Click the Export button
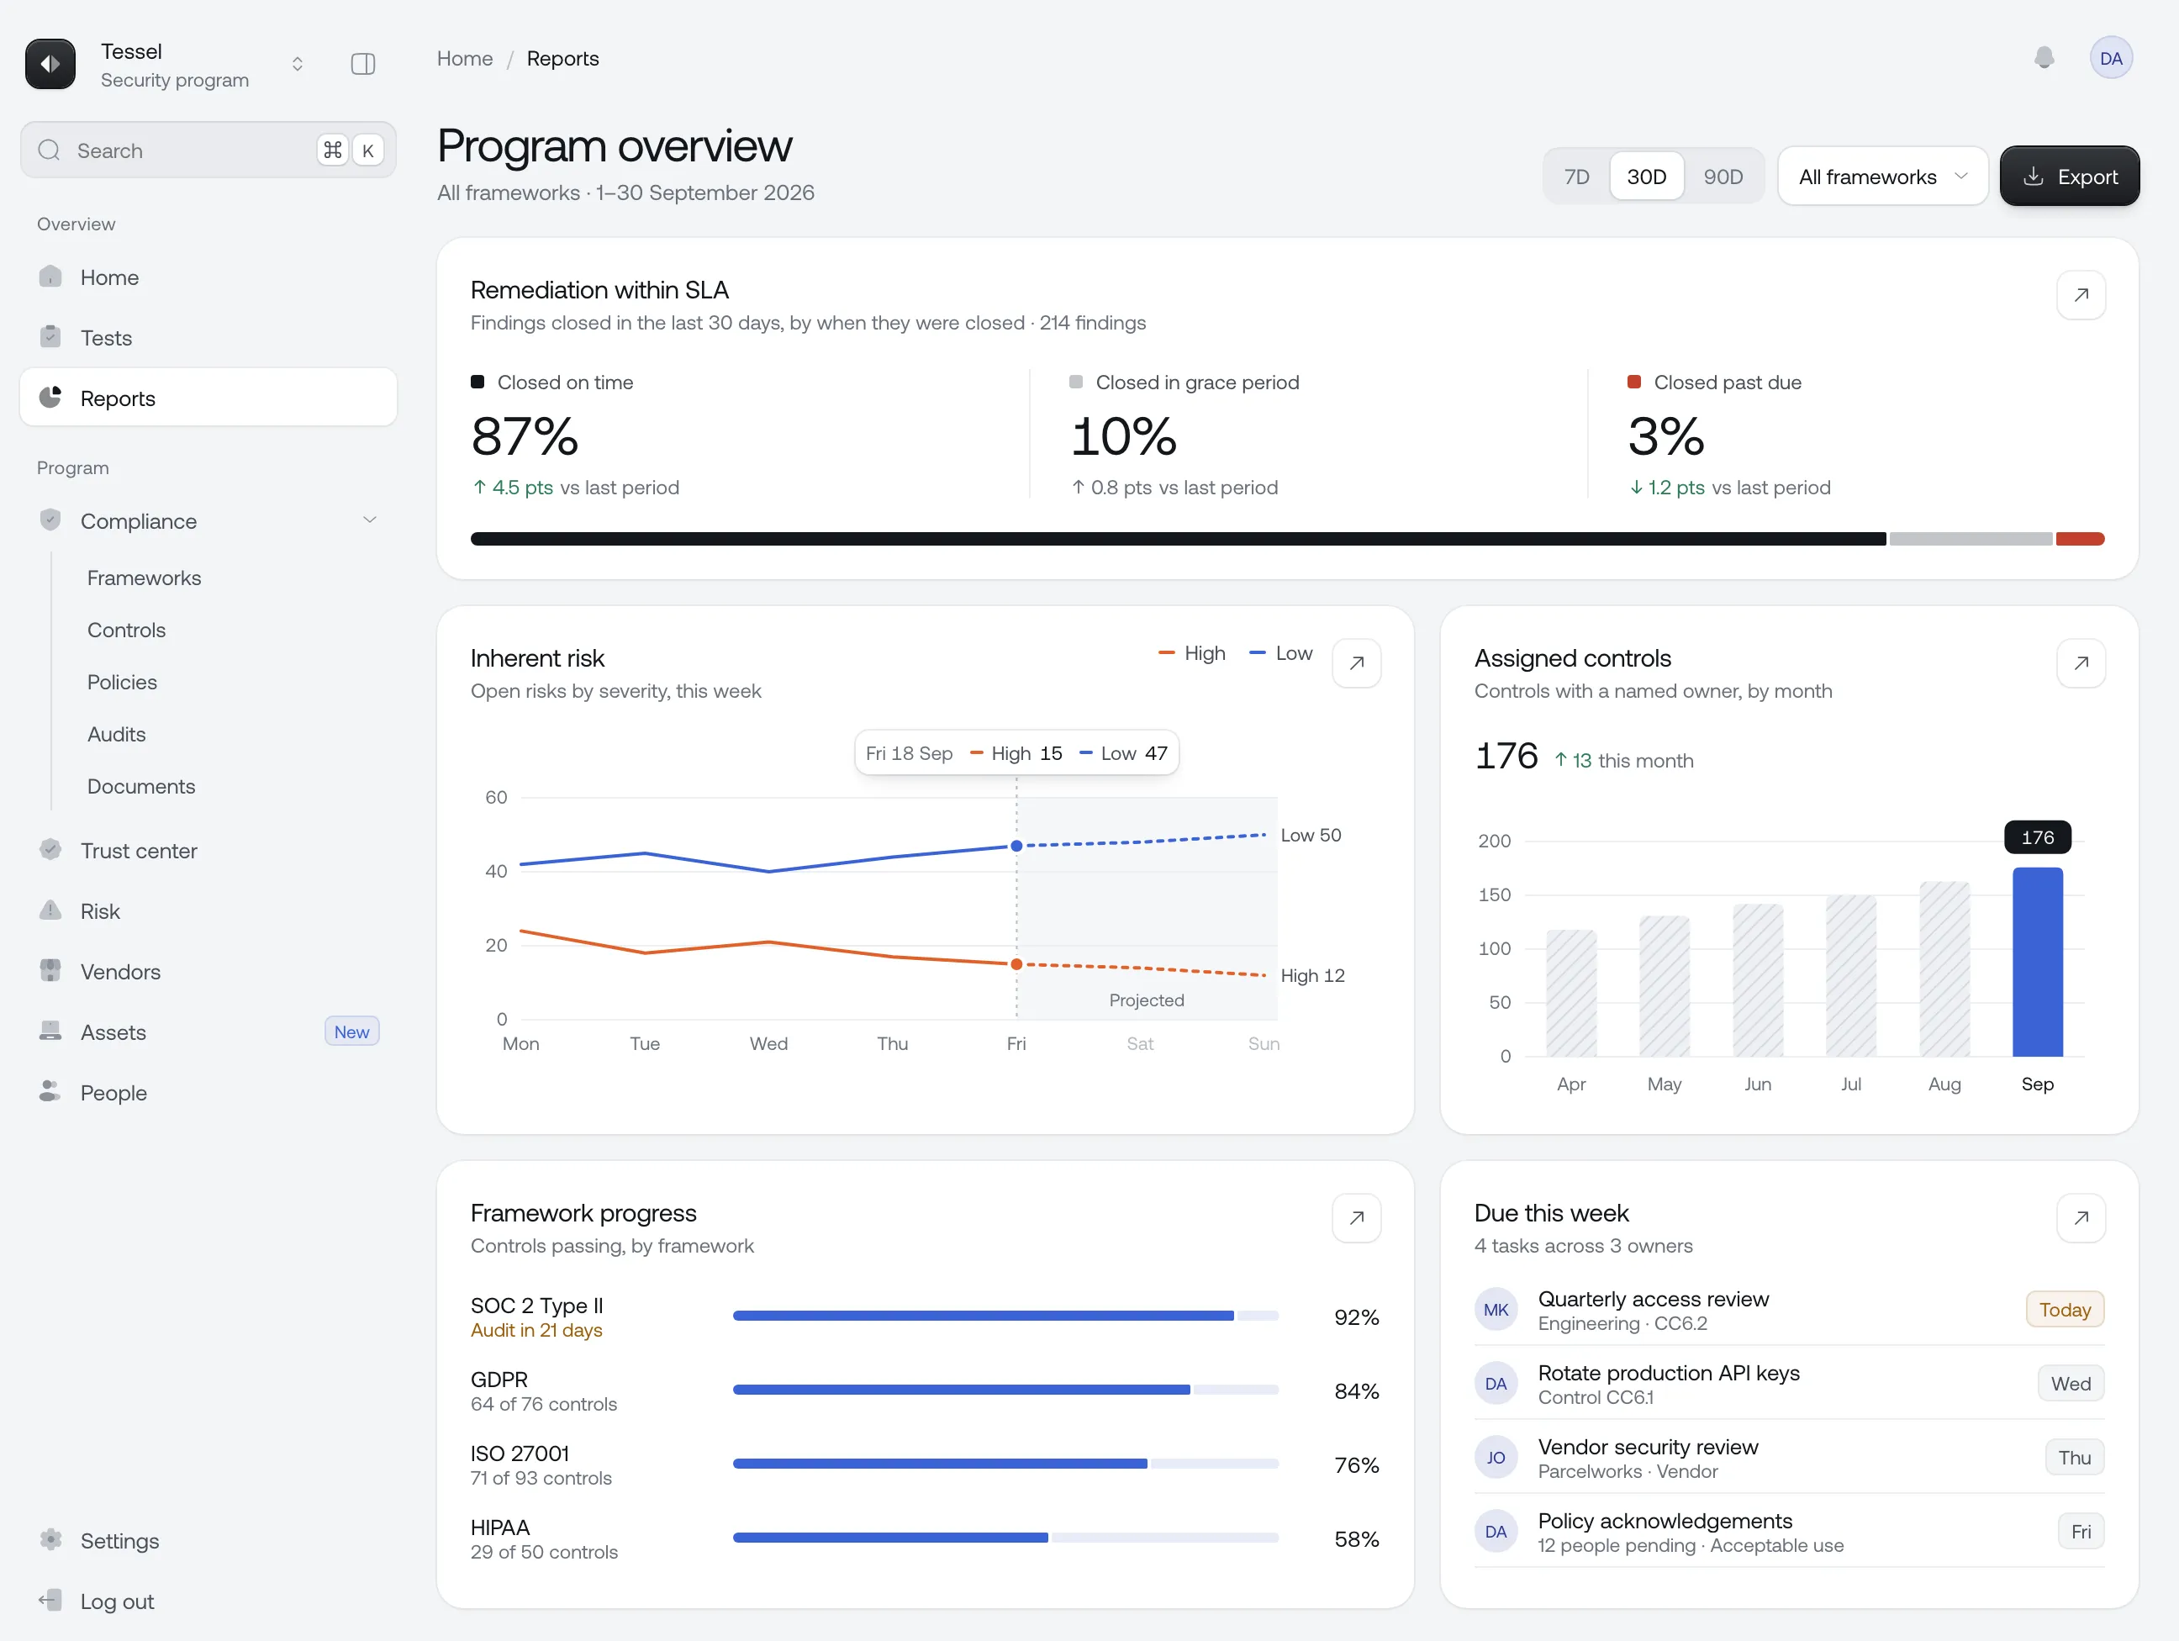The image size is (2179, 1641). point(2069,177)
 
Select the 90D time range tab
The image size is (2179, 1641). point(1723,177)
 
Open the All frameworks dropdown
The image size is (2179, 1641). point(1882,177)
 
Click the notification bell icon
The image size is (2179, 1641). point(2044,58)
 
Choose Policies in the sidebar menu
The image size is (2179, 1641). point(122,682)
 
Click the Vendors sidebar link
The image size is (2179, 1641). point(120,971)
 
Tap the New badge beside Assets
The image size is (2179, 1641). point(351,1032)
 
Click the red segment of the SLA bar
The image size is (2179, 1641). point(2080,539)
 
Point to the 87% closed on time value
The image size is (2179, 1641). point(524,436)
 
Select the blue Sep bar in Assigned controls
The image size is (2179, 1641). point(2037,963)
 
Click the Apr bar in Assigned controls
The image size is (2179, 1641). point(1571,993)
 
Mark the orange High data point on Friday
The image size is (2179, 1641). point(1016,964)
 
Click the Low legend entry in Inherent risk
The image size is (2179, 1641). point(1280,653)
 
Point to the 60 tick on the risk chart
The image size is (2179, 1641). point(497,797)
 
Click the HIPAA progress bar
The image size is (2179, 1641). point(1005,1538)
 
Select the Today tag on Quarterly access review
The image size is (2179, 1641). point(2065,1309)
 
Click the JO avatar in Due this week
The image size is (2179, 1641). point(1496,1458)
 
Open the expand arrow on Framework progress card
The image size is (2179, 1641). point(1357,1217)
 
